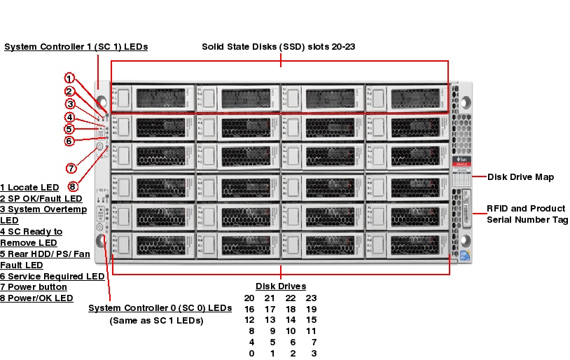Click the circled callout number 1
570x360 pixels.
[x=69, y=78]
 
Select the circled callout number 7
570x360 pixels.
[x=71, y=168]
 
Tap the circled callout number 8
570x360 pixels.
[x=73, y=187]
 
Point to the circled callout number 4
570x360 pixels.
[x=69, y=117]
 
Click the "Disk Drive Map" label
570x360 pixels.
[x=520, y=177]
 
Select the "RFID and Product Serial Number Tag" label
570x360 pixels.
[x=527, y=214]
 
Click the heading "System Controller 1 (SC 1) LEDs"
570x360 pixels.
[x=76, y=47]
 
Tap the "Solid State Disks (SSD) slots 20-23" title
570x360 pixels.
[x=279, y=47]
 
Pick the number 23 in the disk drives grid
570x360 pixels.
[x=312, y=298]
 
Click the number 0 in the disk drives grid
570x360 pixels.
[x=251, y=354]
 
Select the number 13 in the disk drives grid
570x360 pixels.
[x=271, y=320]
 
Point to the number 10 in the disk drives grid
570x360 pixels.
[x=291, y=331]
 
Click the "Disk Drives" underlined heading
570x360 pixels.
[x=281, y=286]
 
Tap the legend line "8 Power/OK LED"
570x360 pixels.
[x=36, y=298]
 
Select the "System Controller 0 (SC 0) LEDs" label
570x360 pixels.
[x=160, y=308]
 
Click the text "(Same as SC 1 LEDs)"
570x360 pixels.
[x=156, y=321]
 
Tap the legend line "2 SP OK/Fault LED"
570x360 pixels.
[x=41, y=199]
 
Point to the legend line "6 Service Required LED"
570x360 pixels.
[x=52, y=277]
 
